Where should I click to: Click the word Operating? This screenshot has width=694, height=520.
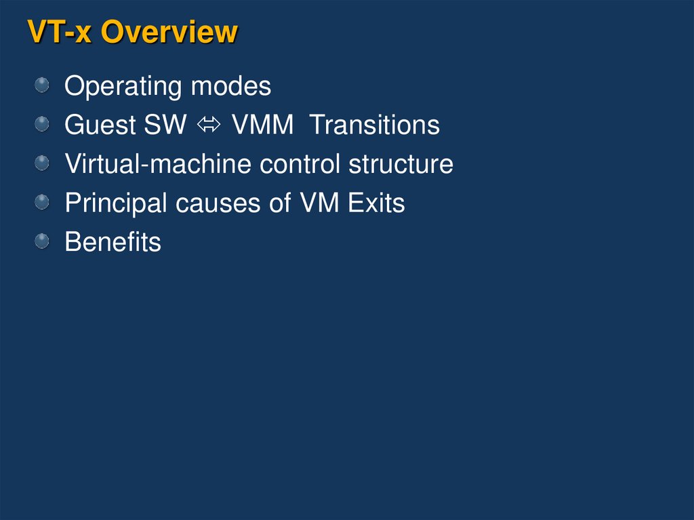pos(123,87)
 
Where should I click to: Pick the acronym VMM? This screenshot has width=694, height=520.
pos(262,125)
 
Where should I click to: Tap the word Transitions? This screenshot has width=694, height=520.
pos(375,125)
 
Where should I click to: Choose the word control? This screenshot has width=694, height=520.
pos(300,164)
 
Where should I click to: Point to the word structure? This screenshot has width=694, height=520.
pos(401,164)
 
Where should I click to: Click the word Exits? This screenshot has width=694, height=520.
pos(376,203)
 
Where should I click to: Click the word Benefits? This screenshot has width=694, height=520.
pos(113,242)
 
